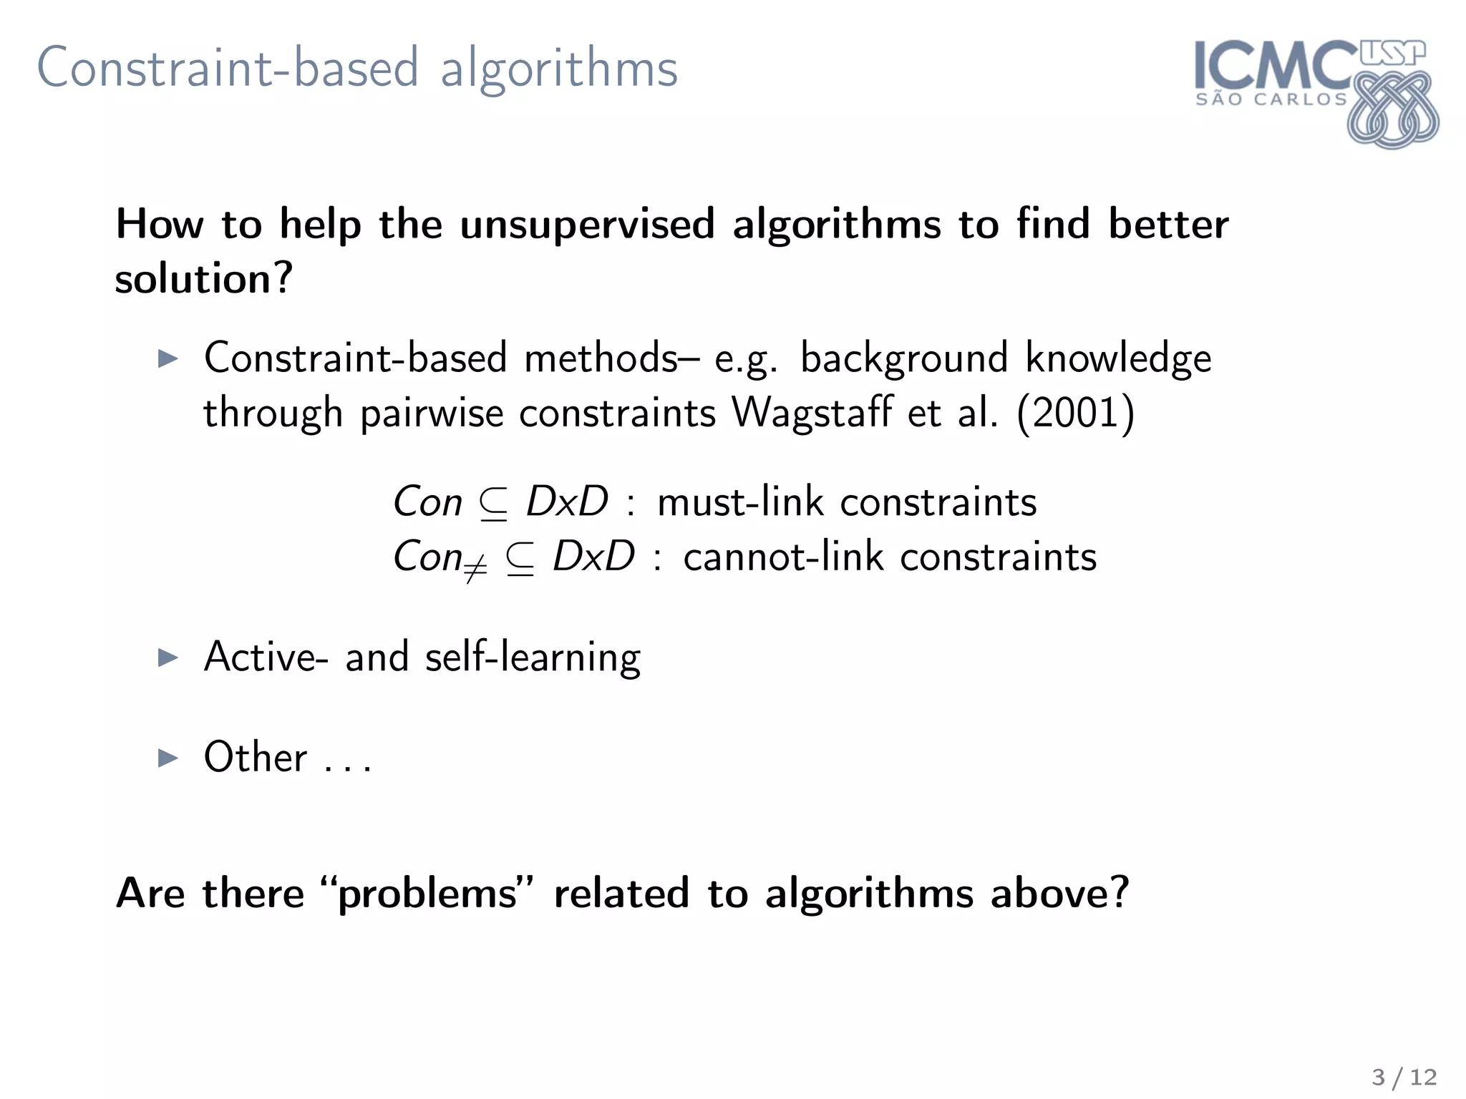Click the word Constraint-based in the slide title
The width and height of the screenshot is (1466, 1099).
228,68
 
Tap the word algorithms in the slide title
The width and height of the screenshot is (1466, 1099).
558,70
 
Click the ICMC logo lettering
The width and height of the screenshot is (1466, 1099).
1274,66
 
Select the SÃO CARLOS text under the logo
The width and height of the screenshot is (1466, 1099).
1271,99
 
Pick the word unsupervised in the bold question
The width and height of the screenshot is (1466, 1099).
587,225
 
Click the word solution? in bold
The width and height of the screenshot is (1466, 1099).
204,278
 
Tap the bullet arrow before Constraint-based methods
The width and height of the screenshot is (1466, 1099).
168,358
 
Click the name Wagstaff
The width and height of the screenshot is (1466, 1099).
812,413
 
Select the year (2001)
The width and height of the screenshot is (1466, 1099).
1075,413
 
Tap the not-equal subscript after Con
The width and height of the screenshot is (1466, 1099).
475,569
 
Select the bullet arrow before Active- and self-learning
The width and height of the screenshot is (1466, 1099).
168,657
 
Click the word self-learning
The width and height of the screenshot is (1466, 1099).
533,658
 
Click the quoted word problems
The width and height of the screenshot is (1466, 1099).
427,894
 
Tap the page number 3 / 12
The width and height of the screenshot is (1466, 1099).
1404,1077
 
